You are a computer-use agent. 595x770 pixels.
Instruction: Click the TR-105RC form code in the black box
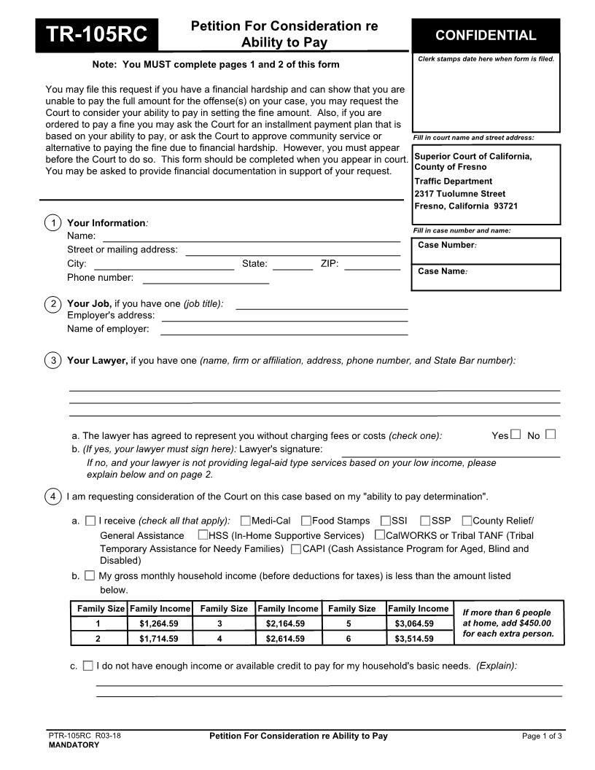tap(97, 35)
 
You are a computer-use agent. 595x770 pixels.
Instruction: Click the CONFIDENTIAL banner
tap(486, 35)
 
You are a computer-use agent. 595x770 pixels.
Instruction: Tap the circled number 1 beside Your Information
tap(52, 223)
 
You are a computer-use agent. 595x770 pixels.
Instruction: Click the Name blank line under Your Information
tap(251, 236)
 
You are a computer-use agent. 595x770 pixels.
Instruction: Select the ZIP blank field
tap(372, 264)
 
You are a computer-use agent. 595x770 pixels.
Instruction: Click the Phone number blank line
tap(206, 278)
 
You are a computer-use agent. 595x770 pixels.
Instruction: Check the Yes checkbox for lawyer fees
tap(516, 435)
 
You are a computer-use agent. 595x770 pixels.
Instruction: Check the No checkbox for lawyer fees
tap(551, 435)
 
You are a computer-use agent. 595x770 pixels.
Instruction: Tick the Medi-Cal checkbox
tap(246, 521)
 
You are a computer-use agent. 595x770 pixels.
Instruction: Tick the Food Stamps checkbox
tap(306, 521)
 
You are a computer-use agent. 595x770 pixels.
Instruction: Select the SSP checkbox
tap(425, 521)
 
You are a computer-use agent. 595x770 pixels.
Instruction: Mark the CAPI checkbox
tap(295, 548)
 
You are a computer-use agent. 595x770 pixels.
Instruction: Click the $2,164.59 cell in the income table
tap(285, 624)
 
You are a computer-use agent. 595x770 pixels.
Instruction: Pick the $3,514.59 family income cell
tap(414, 639)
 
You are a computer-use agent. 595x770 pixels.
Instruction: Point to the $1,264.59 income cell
tap(158, 624)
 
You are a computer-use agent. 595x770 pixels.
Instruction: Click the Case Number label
tap(447, 245)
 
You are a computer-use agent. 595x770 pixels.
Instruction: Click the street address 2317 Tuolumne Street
tap(459, 194)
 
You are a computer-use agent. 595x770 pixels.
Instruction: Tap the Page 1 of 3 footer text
tap(542, 736)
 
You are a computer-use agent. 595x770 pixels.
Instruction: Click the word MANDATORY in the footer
tap(74, 745)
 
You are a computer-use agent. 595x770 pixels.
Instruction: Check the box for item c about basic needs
tap(88, 666)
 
